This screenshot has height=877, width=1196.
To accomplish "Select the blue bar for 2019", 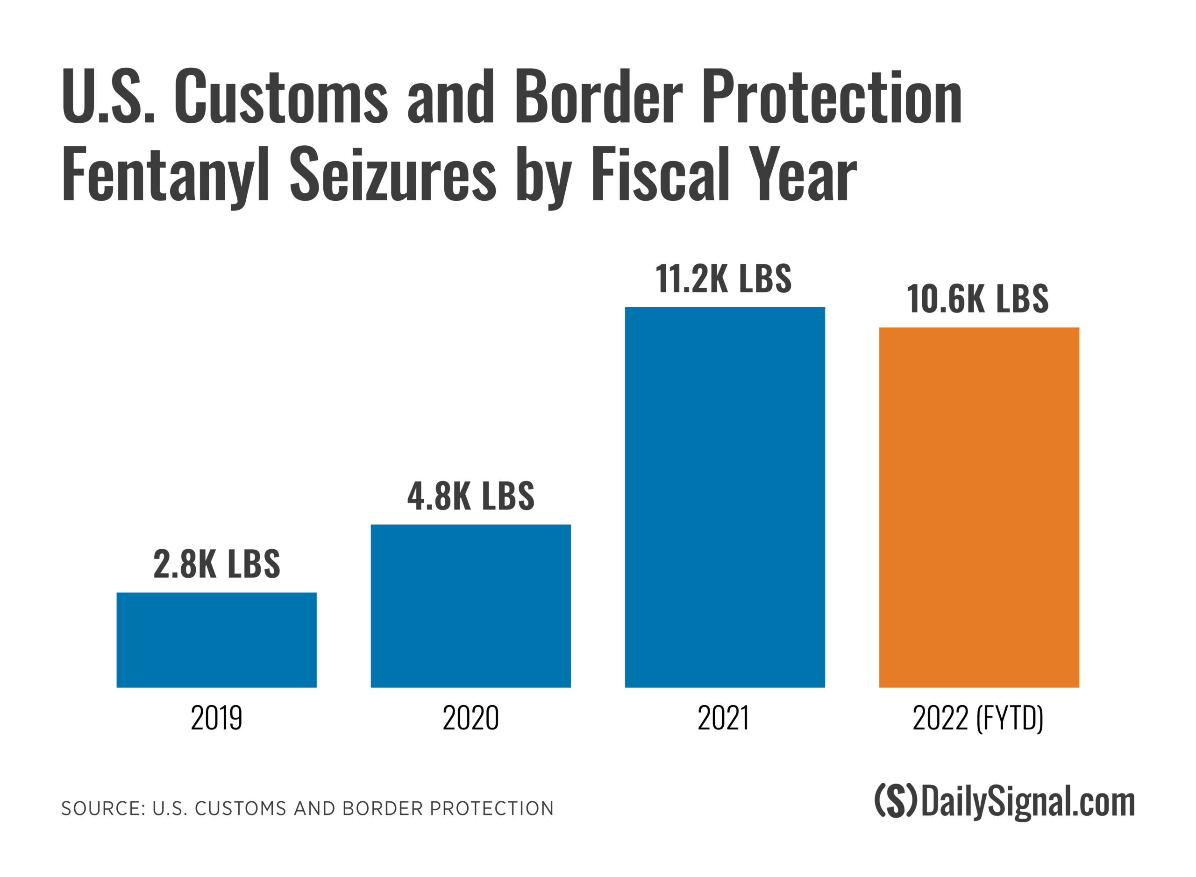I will [216, 640].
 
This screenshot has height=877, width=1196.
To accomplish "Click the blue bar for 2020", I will [470, 606].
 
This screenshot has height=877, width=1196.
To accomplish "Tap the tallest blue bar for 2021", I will [725, 497].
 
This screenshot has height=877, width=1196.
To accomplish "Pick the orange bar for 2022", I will [979, 507].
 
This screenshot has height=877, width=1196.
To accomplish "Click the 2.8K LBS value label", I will [217, 564].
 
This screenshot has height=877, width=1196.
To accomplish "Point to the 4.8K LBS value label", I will [470, 496].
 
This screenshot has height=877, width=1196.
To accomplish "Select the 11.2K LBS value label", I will [723, 279].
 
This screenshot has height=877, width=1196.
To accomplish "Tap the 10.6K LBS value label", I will [978, 299].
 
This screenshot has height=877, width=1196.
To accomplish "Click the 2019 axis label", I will [216, 718].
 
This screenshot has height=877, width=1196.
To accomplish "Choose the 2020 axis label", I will [470, 718].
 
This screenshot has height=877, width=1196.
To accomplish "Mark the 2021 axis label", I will [723, 718].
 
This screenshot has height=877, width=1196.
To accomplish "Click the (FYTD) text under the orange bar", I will [1010, 718].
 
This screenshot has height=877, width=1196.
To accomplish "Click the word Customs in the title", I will [281, 97].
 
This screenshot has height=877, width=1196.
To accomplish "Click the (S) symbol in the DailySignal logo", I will [896, 802].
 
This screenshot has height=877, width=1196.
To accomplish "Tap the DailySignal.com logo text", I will [1028, 802].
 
